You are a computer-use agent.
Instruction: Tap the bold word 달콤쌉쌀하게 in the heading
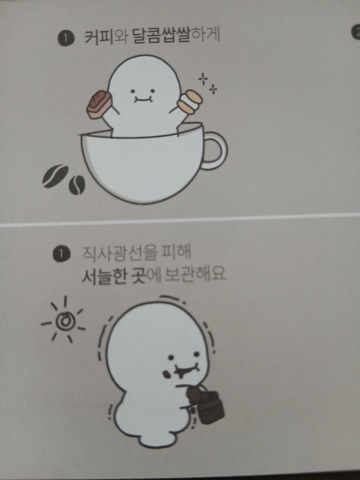(176, 36)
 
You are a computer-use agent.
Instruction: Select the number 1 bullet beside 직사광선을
(62, 255)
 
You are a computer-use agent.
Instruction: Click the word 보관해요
(195, 273)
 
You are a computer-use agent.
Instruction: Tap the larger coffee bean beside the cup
(55, 176)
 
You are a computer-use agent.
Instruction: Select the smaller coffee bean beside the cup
(76, 185)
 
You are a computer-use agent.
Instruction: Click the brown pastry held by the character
(98, 104)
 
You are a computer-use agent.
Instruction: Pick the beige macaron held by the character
(190, 102)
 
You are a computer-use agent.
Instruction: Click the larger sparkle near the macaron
(203, 79)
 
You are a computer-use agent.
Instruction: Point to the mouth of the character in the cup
(141, 98)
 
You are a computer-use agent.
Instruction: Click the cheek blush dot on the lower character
(166, 374)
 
